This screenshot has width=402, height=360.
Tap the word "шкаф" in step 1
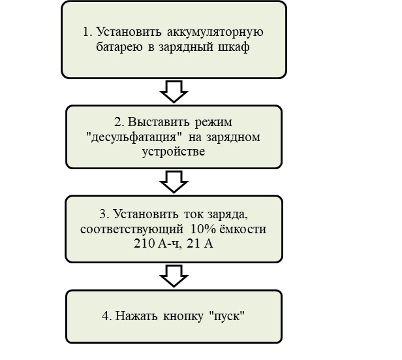tap(234, 48)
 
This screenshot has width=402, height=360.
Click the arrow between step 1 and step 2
tap(174, 91)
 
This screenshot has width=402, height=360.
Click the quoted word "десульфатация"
tap(128, 137)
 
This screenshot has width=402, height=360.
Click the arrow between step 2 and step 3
tap(174, 182)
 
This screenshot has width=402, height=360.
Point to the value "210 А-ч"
tap(154, 244)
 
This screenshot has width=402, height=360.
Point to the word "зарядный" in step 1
tap(186, 48)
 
